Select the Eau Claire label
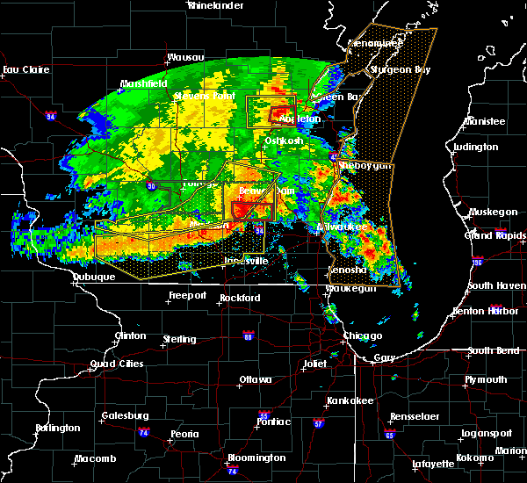24,69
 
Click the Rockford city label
240,299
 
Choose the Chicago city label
363,336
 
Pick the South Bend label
493,351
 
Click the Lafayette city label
434,464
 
